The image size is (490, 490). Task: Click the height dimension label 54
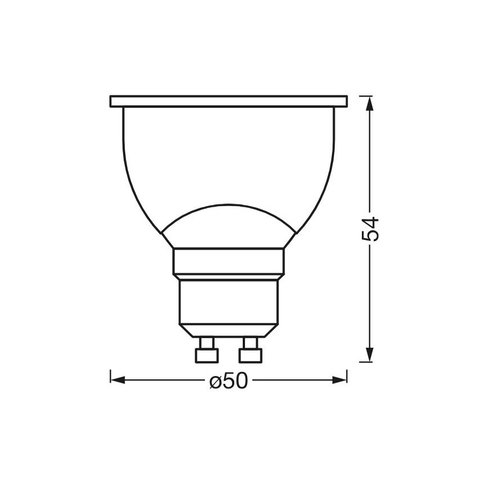tap(370, 228)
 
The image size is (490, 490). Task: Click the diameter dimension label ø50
tap(228, 381)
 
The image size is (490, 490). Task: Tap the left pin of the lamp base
tap(206, 351)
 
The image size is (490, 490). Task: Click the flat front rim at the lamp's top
tap(228, 102)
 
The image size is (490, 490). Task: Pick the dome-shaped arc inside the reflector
tap(228, 205)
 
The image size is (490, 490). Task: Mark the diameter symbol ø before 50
tap(215, 382)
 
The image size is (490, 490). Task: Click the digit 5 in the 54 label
tap(370, 236)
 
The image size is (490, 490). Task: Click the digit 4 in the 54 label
tap(370, 221)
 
